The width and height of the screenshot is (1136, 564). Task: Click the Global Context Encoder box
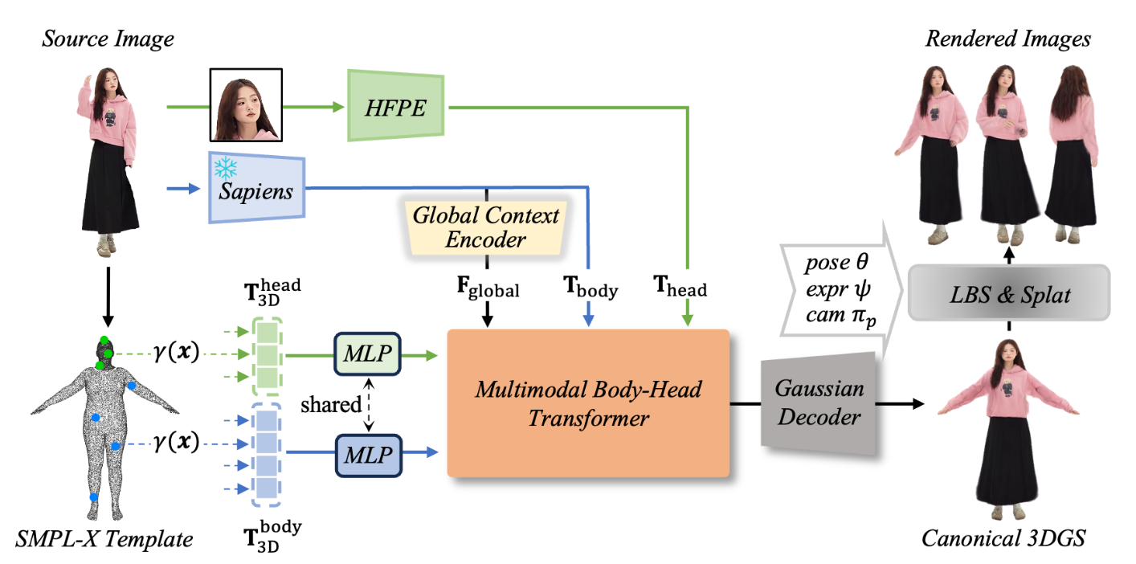(486, 227)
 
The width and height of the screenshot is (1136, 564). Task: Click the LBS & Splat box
(1008, 295)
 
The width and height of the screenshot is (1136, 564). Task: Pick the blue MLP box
(366, 454)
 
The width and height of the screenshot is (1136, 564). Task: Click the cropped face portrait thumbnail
(245, 104)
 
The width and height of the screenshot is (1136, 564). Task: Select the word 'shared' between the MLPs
(331, 405)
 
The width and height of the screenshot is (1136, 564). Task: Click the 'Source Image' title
(108, 39)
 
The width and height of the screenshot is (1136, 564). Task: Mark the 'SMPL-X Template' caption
(104, 538)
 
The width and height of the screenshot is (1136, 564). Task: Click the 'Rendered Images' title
(1008, 39)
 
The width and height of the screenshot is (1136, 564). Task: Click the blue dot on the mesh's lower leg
(95, 497)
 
